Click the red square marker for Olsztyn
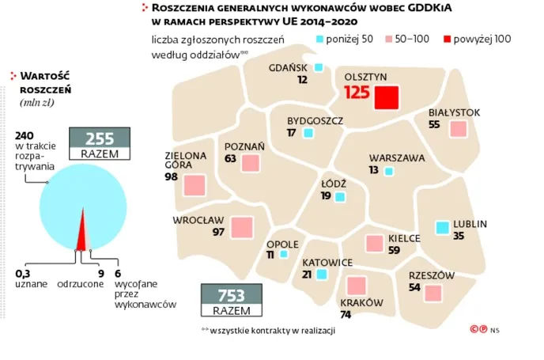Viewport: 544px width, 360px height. coord(386,99)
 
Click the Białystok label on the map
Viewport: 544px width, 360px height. coord(454,112)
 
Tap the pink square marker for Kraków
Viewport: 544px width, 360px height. coord(356,286)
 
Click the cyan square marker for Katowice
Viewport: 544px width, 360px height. coord(321,275)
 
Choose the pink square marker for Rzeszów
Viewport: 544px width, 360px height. coord(432,294)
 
